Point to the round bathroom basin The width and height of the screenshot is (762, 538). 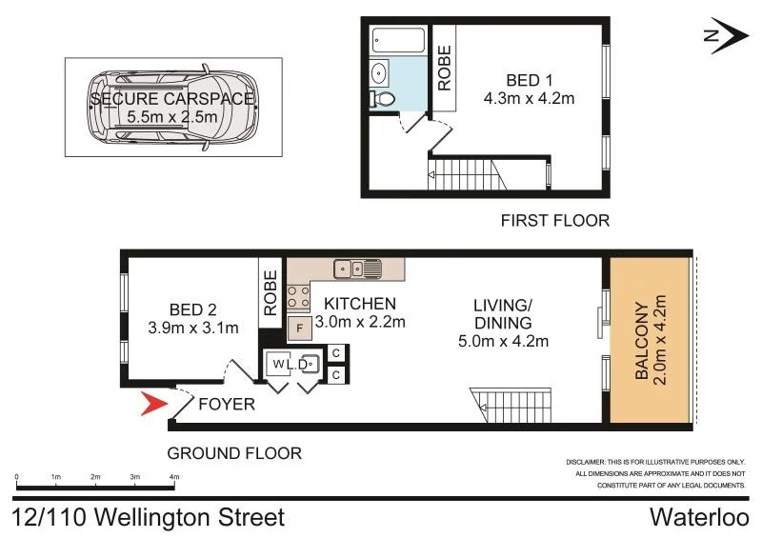pyautogui.click(x=378, y=71)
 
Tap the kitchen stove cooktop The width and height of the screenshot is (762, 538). pyautogui.click(x=298, y=297)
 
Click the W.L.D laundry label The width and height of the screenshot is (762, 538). pyautogui.click(x=291, y=364)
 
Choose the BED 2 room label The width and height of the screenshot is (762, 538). pyautogui.click(x=192, y=310)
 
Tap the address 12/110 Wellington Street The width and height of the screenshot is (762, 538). pyautogui.click(x=149, y=518)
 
